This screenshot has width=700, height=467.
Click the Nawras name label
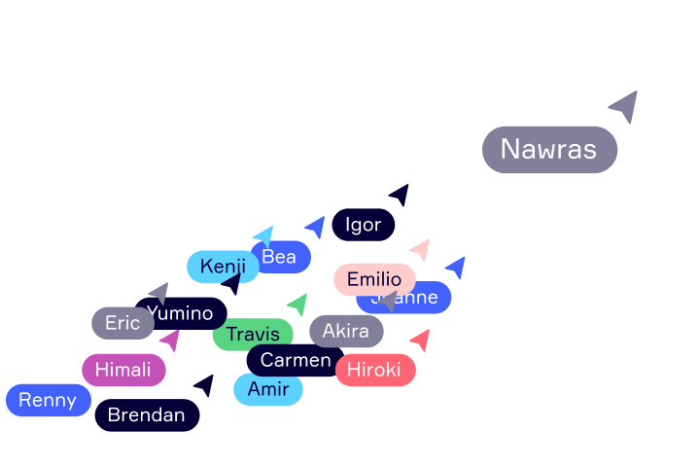[549, 150]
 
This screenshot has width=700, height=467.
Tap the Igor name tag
[363, 225]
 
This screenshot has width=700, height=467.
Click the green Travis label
[253, 335]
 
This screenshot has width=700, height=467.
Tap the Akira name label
[346, 331]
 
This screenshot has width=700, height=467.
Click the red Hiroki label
[375, 370]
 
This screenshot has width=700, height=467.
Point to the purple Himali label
[123, 370]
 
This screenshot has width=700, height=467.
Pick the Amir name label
[268, 389]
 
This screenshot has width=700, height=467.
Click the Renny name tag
[48, 400]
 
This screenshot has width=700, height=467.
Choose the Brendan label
[147, 415]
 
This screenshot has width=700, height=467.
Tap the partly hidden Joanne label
[428, 299]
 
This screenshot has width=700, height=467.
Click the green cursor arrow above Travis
[298, 305]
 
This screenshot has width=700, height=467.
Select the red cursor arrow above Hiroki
[420, 340]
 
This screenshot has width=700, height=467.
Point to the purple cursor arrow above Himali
[170, 341]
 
